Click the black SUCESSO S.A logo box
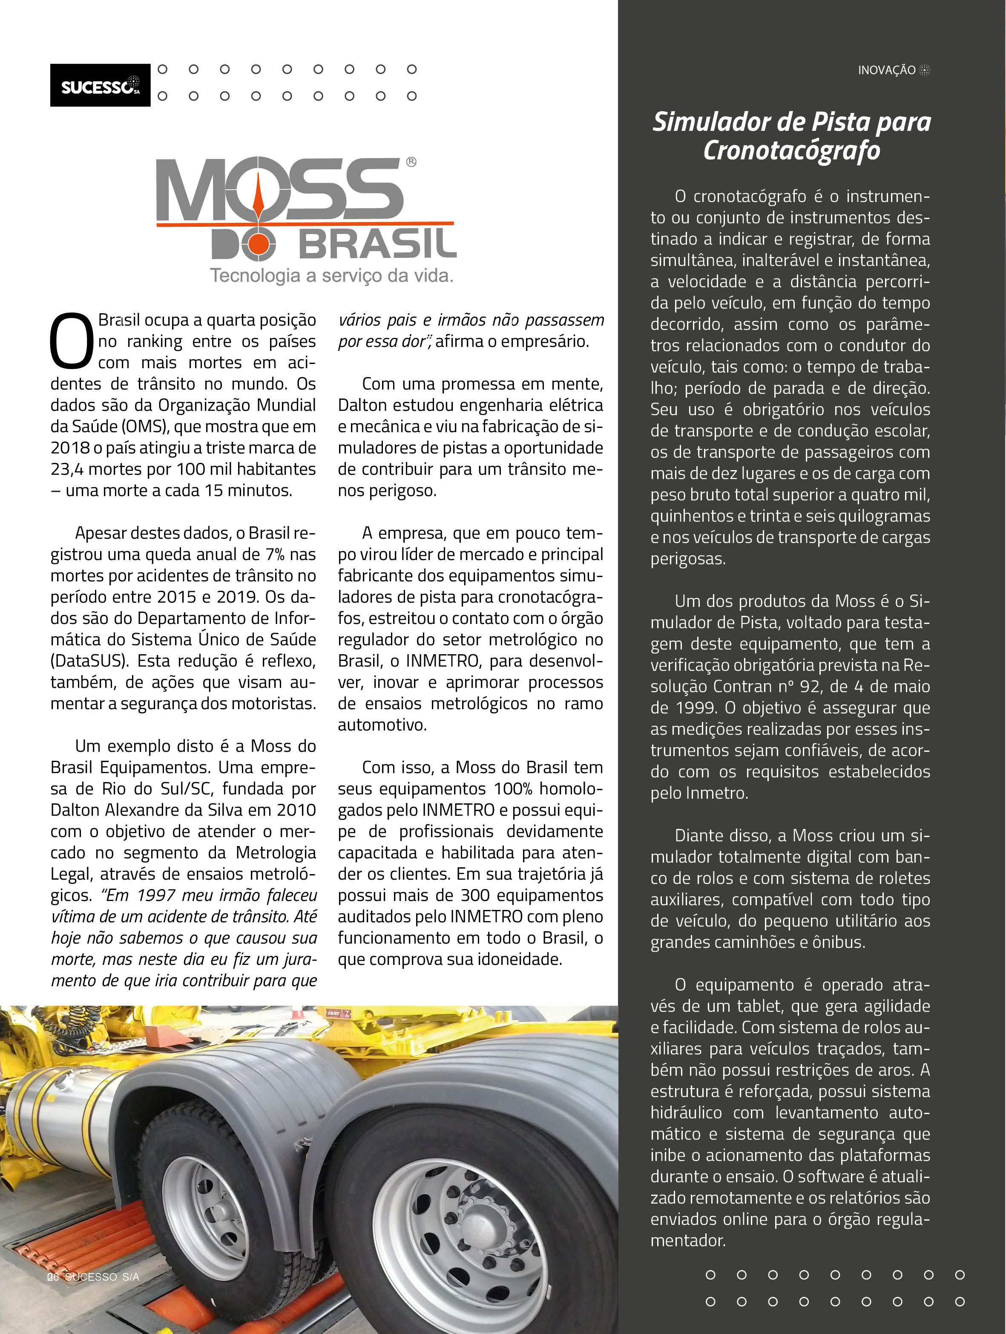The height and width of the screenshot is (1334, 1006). (x=100, y=85)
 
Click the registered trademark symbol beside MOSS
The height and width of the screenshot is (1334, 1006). (x=411, y=162)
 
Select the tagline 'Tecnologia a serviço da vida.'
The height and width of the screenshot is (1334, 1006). (x=331, y=276)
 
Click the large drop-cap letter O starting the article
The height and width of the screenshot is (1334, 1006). (x=71, y=340)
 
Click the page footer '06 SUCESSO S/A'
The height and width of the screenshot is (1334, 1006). (x=93, y=1277)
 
